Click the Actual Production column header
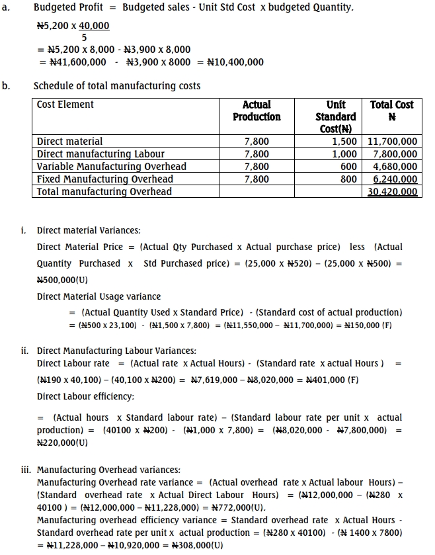pos(257,110)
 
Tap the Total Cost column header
pos(391,110)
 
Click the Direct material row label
pos(70,141)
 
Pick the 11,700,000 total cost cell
pos(392,141)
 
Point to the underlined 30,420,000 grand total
pos(392,192)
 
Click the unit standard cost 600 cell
pos(348,167)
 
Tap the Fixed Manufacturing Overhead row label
pos(105,179)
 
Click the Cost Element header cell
pos(65,105)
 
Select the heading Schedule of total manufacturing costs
pos(117,86)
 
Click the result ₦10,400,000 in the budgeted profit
pos(235,62)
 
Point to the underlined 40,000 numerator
pos(94,26)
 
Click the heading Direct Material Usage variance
pos(99,296)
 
